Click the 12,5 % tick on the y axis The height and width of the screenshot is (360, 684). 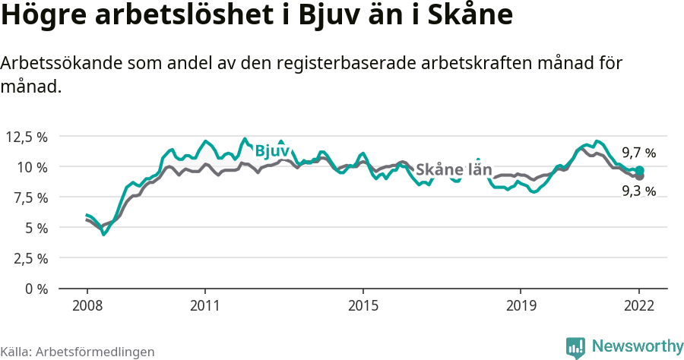click(27, 137)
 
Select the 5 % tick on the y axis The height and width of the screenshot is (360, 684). click(36, 228)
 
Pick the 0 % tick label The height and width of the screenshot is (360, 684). click(36, 289)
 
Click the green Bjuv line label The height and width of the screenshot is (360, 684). click(272, 150)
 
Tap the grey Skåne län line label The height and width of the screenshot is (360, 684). click(454, 169)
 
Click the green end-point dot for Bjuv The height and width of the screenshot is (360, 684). click(639, 171)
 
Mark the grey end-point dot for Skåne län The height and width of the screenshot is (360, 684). click(639, 176)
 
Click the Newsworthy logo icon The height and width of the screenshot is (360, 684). click(575, 347)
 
